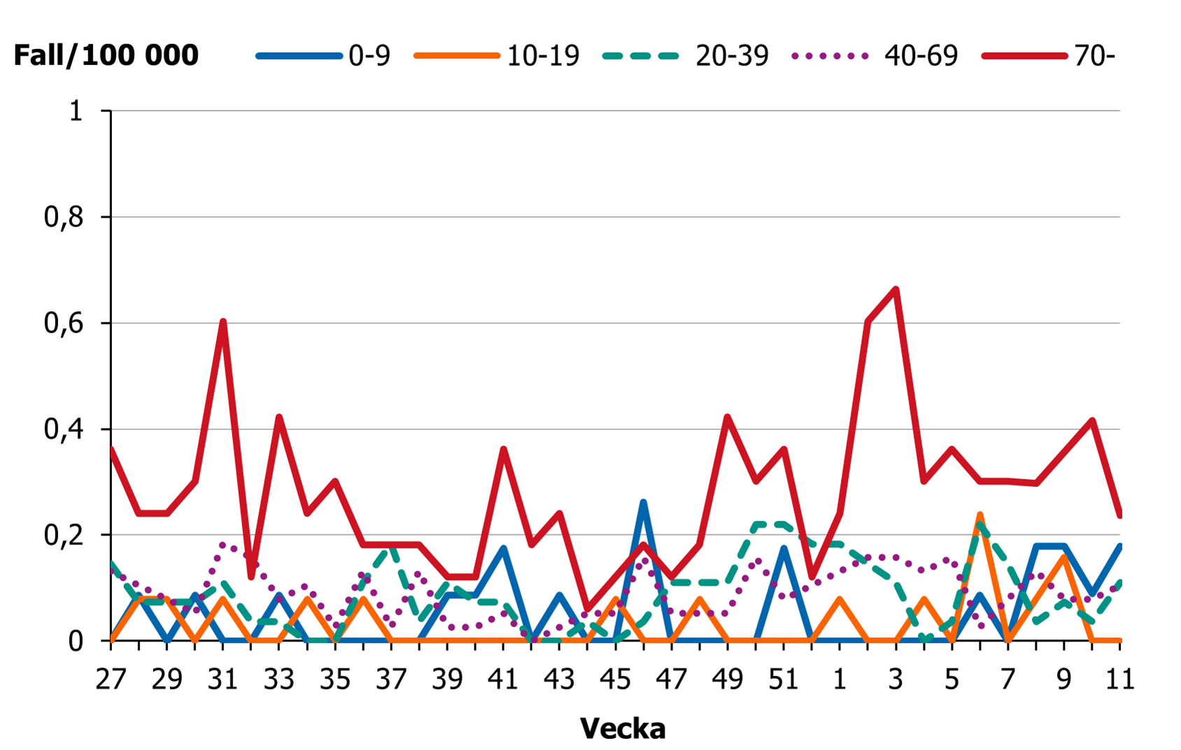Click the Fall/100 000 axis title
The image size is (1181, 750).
(x=106, y=55)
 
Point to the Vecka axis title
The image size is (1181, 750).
(x=622, y=728)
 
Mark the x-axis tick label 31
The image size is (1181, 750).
(x=222, y=679)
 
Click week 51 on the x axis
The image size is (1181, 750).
(x=784, y=679)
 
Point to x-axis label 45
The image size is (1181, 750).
(x=615, y=679)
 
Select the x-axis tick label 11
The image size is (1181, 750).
(x=1119, y=679)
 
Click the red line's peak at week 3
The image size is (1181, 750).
(x=896, y=289)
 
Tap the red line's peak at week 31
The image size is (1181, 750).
(x=222, y=321)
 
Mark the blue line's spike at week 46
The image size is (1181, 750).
(x=643, y=502)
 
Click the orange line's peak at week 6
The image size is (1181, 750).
(x=980, y=514)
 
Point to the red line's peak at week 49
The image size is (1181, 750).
(x=728, y=417)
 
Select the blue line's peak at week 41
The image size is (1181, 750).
(x=503, y=548)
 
